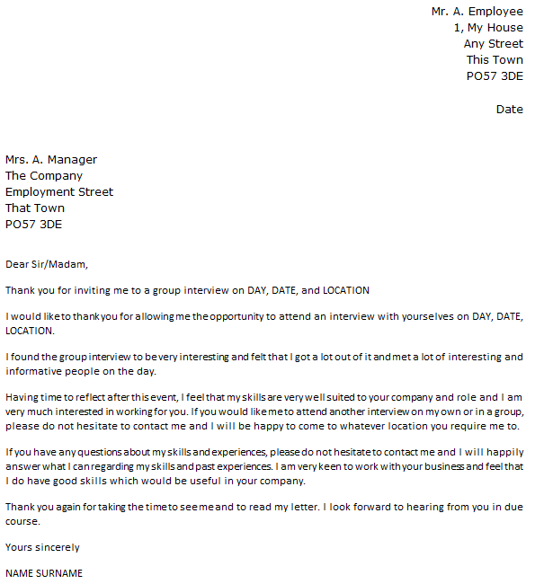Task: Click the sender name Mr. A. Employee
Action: (x=477, y=12)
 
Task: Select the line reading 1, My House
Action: (x=488, y=28)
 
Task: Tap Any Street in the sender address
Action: (x=493, y=44)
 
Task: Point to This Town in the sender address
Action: (x=495, y=60)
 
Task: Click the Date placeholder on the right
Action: (x=509, y=110)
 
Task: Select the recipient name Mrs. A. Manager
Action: (x=51, y=160)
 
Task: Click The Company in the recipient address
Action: (x=44, y=176)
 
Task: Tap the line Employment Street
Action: (x=59, y=192)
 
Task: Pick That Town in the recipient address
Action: (x=35, y=208)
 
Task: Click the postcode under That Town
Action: (x=33, y=225)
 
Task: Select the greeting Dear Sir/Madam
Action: (x=48, y=264)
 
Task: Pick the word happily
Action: (x=503, y=452)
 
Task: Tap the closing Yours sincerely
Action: (x=42, y=547)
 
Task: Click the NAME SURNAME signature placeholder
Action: (x=44, y=573)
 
